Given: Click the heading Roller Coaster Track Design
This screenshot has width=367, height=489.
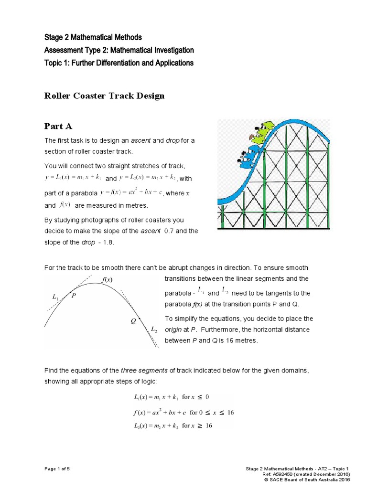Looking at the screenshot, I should point(104,96).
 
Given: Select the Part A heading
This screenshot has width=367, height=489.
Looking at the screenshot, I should point(58,126).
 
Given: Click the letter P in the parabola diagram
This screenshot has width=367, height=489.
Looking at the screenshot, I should point(74,296).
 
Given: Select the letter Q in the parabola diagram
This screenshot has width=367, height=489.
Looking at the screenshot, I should point(133,321).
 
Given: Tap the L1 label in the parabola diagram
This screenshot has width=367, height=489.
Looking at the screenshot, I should point(55,297).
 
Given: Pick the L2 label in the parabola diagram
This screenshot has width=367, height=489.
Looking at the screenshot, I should point(154,330).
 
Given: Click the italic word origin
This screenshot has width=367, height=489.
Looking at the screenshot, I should point(174,330).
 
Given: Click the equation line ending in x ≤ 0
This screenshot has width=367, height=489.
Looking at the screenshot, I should point(172,397).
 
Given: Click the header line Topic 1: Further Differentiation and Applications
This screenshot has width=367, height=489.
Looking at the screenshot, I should point(119,63).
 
